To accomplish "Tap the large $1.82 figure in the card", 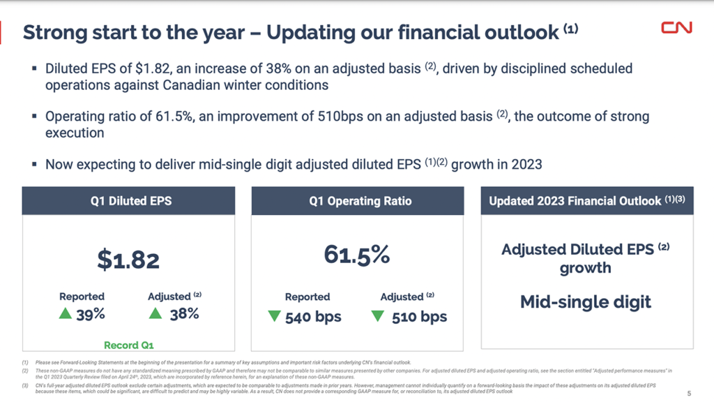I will [x=128, y=260].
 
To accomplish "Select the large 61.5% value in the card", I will [x=356, y=255].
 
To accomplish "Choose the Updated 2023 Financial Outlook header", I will [x=586, y=201].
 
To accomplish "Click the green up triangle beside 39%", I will [x=66, y=314].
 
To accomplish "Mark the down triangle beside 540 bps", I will [x=274, y=316].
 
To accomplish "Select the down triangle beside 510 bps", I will [x=378, y=316].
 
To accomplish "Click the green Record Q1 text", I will [x=129, y=345].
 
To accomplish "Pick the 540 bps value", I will [x=314, y=317].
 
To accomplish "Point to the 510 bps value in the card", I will [x=419, y=317].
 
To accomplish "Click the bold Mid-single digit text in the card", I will [x=586, y=302].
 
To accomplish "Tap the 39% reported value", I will [x=91, y=315].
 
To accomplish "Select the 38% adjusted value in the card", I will [x=184, y=315].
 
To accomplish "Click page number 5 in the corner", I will [x=690, y=392].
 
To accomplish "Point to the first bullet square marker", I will [x=34, y=69].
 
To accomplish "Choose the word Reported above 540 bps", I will [x=307, y=297].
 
